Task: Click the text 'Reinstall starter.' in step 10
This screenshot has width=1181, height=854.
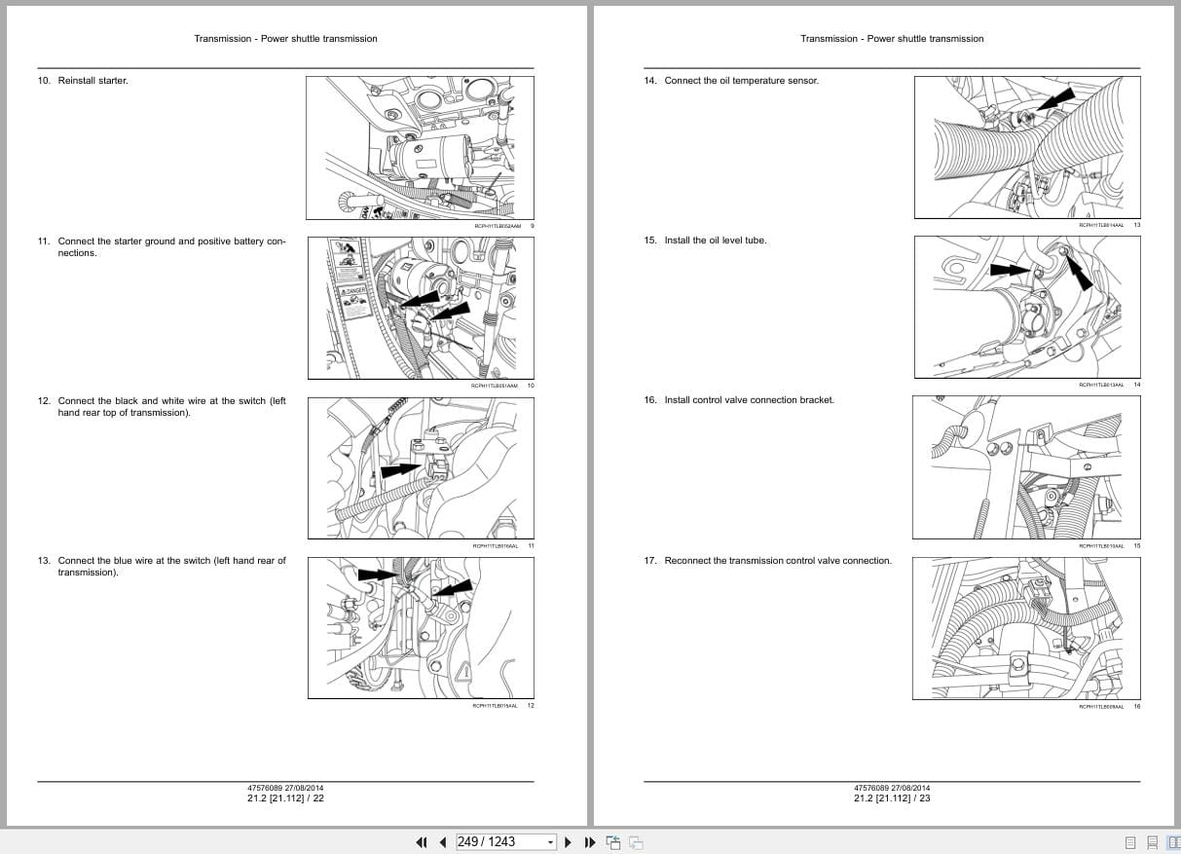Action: click(92, 81)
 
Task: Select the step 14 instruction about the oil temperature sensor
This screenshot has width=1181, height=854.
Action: click(741, 81)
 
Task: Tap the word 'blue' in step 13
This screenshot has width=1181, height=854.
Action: click(124, 561)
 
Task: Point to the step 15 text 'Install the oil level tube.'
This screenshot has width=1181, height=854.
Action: click(715, 241)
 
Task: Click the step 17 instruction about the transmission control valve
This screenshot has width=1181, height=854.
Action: click(777, 561)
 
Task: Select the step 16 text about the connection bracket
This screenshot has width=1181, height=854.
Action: click(749, 400)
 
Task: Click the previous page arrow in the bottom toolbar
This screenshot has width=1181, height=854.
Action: click(442, 842)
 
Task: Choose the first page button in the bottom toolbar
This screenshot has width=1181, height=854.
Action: click(422, 842)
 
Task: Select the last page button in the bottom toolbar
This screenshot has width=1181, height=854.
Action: click(589, 842)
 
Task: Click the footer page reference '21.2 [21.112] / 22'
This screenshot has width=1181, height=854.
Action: click(285, 798)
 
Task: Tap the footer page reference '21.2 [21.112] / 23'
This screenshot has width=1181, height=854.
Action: click(892, 798)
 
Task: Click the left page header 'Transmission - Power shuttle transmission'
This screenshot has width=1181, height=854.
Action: click(285, 39)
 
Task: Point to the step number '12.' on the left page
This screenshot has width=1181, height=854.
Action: click(44, 401)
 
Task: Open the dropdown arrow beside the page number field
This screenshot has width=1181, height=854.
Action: click(550, 842)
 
